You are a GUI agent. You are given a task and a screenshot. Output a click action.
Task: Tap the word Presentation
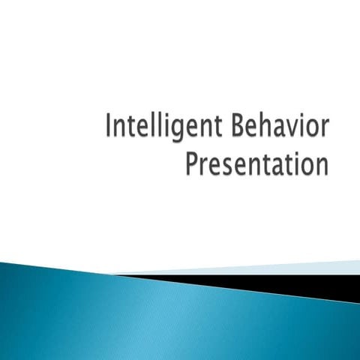(x=257, y=162)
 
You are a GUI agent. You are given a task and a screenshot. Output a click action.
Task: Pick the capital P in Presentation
(x=191, y=162)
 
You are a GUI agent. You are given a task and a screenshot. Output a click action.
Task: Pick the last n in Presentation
(x=322, y=164)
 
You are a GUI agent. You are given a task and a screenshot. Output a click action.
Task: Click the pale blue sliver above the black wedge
(x=300, y=268)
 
